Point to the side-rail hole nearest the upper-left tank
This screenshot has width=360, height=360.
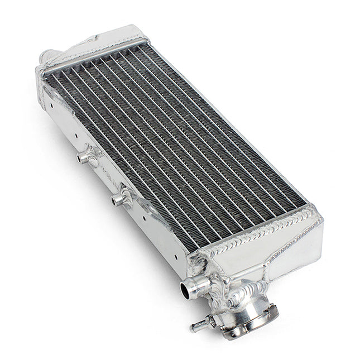[x=52, y=104]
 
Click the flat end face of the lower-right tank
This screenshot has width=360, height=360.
[x=296, y=246]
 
